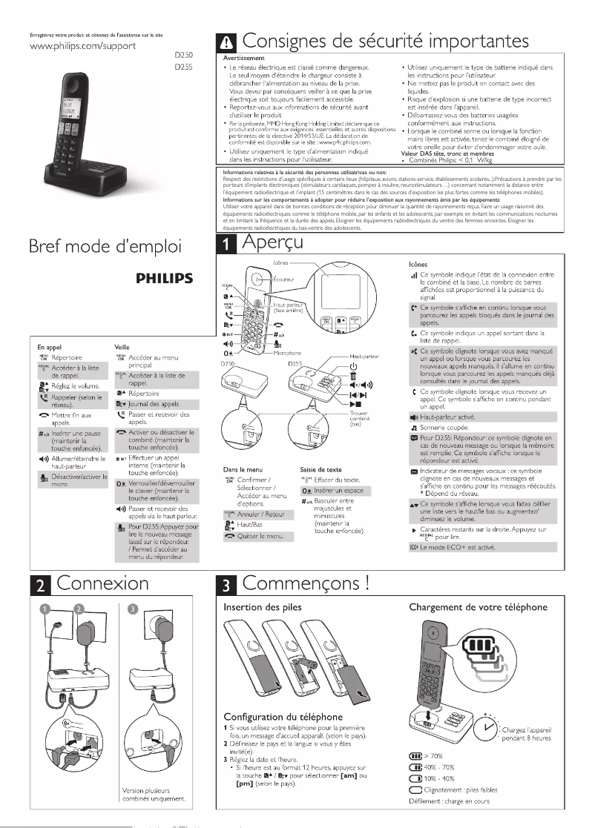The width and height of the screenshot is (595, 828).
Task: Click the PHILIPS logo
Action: click(x=165, y=279)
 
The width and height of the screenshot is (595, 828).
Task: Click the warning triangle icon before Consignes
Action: click(x=224, y=41)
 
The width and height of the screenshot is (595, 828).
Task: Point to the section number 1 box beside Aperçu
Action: click(x=224, y=246)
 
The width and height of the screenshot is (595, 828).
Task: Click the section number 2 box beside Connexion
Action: click(x=39, y=584)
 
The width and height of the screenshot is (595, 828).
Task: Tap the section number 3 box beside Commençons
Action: click(x=224, y=584)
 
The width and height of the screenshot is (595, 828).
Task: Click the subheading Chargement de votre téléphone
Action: click(x=479, y=608)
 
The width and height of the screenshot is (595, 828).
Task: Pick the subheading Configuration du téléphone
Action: click(x=283, y=717)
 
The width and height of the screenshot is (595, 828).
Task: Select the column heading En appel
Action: click(x=49, y=346)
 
